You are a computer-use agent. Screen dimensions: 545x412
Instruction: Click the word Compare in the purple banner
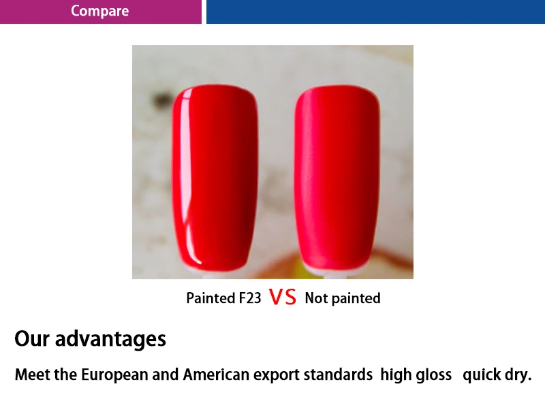pos(99,11)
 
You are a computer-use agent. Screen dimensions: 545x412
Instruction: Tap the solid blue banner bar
pos(376,12)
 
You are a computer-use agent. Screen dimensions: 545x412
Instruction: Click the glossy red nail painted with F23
pos(215,178)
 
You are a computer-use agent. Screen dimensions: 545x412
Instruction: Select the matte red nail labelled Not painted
pos(337,178)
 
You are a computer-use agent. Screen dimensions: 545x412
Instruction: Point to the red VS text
pos(283,297)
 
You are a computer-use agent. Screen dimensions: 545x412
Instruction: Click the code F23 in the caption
pos(249,298)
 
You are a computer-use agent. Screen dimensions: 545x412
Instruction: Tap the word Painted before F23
pos(211,298)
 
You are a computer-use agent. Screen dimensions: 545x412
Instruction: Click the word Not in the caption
pos(316,298)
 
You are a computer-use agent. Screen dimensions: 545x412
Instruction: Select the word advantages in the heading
pos(110,339)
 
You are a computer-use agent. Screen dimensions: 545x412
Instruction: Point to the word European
pos(114,375)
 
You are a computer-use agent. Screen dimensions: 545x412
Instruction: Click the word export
pos(277,375)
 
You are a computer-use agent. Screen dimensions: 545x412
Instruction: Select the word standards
pos(338,375)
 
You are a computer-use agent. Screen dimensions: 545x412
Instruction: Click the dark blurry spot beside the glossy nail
pos(161,100)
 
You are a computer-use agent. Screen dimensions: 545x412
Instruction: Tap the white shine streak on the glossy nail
pos(188,174)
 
